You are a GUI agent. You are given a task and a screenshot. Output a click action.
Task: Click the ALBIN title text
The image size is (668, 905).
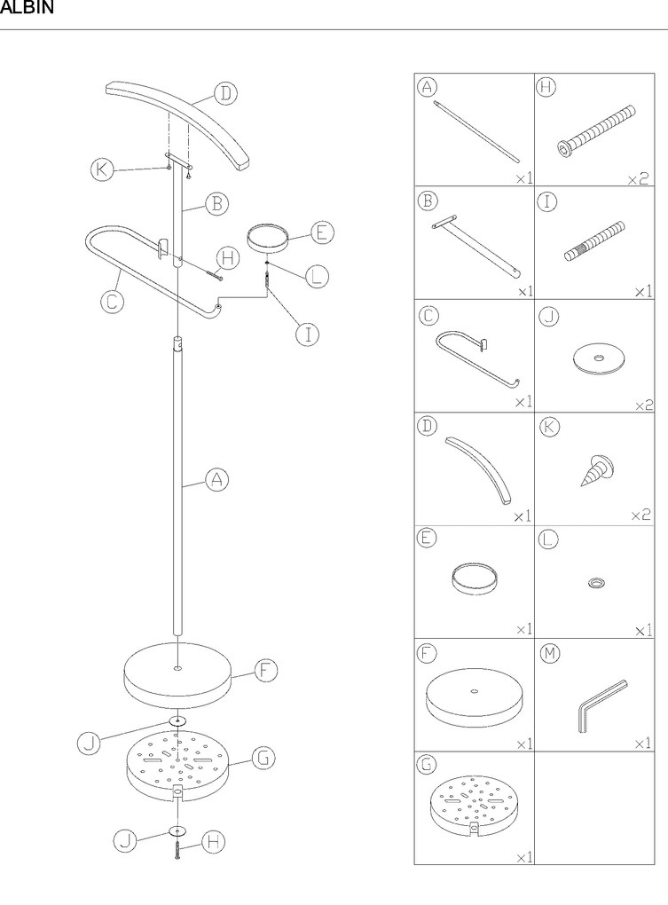27,7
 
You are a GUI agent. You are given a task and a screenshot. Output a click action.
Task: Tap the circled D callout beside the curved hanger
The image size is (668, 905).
226,93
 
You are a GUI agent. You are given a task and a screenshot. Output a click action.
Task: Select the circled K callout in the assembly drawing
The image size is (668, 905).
102,169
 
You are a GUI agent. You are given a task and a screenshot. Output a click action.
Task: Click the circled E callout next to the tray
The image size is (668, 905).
322,232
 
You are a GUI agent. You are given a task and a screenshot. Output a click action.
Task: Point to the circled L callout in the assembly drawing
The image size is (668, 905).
316,276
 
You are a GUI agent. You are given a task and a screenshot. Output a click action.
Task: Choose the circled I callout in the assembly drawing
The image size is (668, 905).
308,334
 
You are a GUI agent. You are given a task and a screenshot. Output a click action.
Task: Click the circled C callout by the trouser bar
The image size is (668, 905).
112,302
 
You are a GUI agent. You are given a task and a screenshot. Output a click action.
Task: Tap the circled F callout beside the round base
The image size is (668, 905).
265,671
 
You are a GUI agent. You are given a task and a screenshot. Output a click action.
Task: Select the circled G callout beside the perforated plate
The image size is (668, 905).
263,757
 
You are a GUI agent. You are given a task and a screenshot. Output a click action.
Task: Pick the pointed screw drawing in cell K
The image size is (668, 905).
596,470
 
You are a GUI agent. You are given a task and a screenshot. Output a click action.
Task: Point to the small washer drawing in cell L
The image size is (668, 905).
596,583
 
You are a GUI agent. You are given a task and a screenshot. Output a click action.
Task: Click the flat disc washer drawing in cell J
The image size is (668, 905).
600,359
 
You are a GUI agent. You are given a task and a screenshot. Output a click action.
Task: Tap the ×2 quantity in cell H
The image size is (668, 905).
638,179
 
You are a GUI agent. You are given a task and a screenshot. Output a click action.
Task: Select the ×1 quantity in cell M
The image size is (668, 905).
642,744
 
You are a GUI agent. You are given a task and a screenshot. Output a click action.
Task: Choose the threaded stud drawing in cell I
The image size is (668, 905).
594,240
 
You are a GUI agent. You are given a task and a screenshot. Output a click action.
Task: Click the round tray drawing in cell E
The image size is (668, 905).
475,579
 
